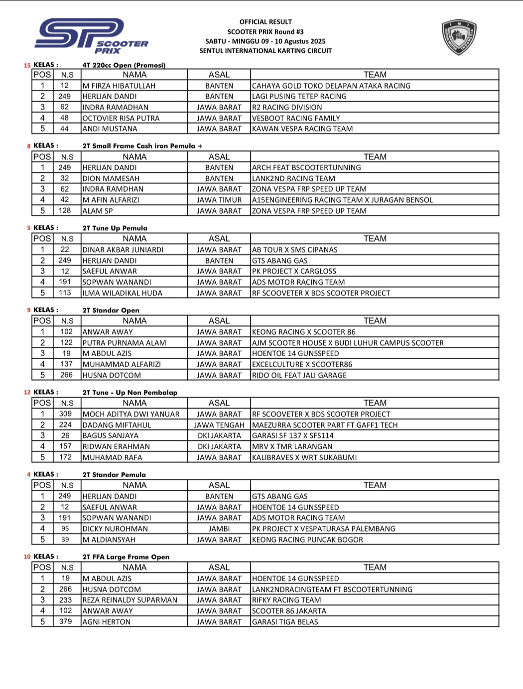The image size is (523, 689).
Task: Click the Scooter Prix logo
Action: click(x=91, y=36)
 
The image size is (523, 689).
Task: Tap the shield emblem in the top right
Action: click(x=459, y=37)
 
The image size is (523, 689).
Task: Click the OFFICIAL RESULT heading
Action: click(x=265, y=22)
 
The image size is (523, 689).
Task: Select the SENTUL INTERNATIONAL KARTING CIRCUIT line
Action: click(x=265, y=51)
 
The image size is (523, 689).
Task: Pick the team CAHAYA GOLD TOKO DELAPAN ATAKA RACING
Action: click(x=331, y=86)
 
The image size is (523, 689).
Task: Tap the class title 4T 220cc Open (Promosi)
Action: click(x=124, y=65)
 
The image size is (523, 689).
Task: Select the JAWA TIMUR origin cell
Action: click(x=219, y=200)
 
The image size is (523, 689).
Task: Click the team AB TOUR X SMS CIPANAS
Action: click(x=295, y=250)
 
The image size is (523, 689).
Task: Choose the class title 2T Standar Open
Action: click(x=111, y=310)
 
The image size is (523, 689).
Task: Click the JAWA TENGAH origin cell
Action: click(x=219, y=425)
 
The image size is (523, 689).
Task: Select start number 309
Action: click(x=65, y=414)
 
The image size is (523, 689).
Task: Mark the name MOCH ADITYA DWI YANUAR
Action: click(x=131, y=414)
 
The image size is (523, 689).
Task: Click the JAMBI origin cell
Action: click(x=219, y=529)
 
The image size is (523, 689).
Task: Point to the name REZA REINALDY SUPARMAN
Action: click(x=130, y=600)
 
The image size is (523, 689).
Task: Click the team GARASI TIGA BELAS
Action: click(x=285, y=622)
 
